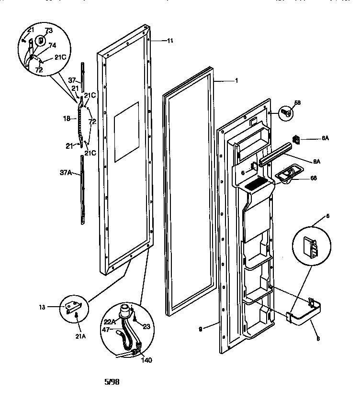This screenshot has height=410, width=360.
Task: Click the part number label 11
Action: tap(169, 41)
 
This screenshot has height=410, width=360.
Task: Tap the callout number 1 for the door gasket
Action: tap(236, 81)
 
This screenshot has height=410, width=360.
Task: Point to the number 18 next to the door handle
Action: tap(67, 118)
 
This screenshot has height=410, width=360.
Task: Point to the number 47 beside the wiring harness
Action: tap(106, 330)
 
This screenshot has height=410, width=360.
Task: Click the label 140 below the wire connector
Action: tap(147, 360)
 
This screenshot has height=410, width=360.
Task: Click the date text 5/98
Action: tap(112, 382)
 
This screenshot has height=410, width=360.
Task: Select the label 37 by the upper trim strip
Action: tap(71, 80)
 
